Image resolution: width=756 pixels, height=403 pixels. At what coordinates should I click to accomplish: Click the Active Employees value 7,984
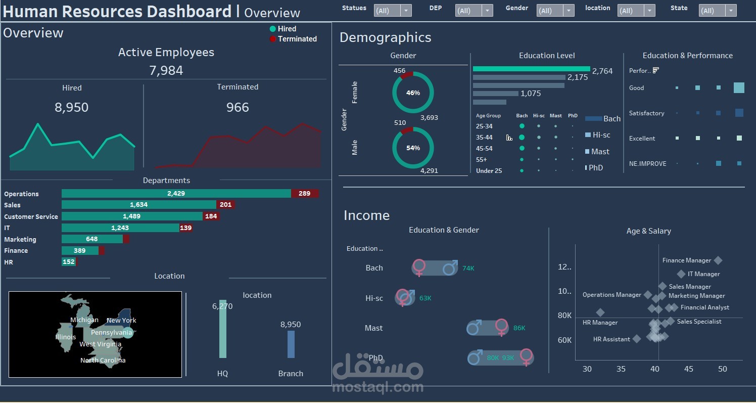(x=166, y=70)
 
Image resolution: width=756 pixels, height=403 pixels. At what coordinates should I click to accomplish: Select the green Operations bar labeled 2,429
(x=176, y=194)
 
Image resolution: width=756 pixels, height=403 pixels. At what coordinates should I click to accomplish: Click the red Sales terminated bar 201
(x=225, y=205)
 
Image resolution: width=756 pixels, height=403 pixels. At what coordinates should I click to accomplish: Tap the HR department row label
(x=9, y=262)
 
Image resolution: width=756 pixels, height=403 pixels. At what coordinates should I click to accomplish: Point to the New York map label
(x=121, y=320)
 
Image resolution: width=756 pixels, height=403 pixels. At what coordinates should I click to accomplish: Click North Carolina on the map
(x=103, y=360)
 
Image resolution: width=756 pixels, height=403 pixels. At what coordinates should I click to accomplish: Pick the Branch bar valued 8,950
(x=291, y=344)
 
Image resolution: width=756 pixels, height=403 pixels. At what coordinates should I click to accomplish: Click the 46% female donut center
(x=413, y=93)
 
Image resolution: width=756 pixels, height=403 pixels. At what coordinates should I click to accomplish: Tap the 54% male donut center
(x=413, y=148)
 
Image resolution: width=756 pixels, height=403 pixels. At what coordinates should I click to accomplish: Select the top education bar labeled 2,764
(x=531, y=69)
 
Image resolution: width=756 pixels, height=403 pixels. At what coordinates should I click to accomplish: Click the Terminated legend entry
(x=297, y=39)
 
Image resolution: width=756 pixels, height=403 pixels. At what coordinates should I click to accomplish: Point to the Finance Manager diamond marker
(x=718, y=260)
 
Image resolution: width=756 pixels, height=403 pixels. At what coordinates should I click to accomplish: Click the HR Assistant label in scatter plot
(x=611, y=339)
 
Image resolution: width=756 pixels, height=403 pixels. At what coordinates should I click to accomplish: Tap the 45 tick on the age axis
(x=688, y=369)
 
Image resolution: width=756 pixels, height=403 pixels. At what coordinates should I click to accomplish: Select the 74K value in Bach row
(x=468, y=268)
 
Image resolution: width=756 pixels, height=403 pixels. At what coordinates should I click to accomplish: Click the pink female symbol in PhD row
(x=527, y=357)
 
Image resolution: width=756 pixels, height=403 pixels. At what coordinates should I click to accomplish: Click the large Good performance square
(x=739, y=88)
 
